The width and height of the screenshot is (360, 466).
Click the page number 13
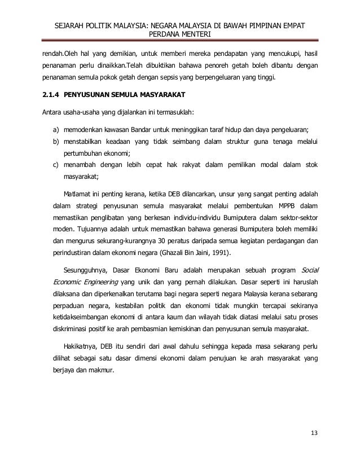[x=314, y=433]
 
